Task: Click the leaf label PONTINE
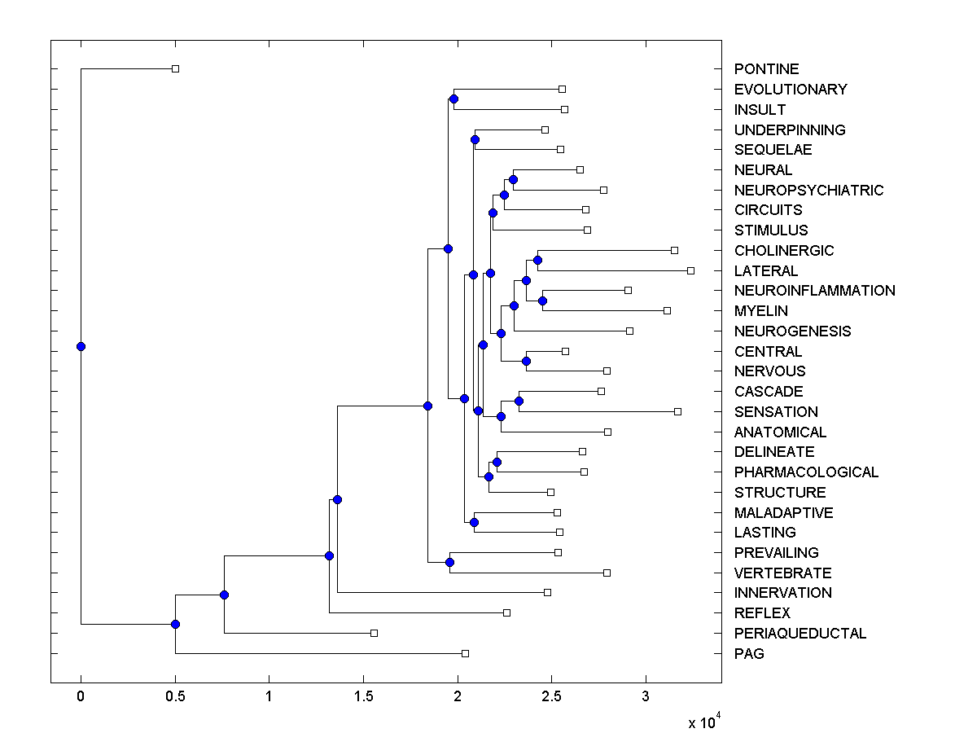[x=766, y=69]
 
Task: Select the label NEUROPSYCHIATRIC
[x=808, y=191]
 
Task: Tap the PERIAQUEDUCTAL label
[x=800, y=634]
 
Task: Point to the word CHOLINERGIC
[x=784, y=251]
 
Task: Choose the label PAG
[x=749, y=654]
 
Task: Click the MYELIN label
[x=760, y=311]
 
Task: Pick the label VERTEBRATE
[x=782, y=573]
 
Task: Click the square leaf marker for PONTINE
[x=175, y=69]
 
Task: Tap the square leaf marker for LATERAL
[x=690, y=270]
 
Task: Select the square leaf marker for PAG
[x=465, y=653]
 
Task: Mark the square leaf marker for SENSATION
[x=677, y=411]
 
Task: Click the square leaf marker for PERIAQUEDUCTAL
[x=374, y=633]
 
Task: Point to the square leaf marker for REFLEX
[x=506, y=612]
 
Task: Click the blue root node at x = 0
[x=81, y=346]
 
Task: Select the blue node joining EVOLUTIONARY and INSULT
[x=453, y=99]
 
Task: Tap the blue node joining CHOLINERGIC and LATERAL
[x=537, y=260]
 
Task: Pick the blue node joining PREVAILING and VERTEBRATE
[x=449, y=562]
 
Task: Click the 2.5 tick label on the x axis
[x=551, y=697]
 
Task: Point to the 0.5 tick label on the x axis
[x=175, y=697]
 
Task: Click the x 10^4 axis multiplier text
[x=703, y=722]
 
